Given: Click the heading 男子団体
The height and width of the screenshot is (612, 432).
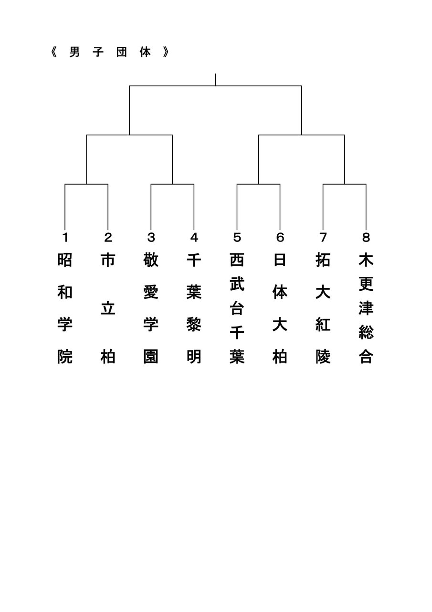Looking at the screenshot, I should pyautogui.click(x=110, y=53).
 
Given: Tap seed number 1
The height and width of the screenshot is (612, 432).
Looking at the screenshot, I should pyautogui.click(x=65, y=237).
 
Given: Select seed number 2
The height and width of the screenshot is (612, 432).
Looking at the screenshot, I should pyautogui.click(x=108, y=237).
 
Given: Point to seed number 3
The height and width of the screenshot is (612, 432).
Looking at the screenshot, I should pyautogui.click(x=151, y=237).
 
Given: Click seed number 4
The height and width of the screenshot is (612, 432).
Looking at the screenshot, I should pyautogui.click(x=194, y=237).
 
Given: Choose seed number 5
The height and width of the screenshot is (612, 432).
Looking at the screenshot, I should pyautogui.click(x=237, y=237).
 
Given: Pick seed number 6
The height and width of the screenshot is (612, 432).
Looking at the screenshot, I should pyautogui.click(x=280, y=237).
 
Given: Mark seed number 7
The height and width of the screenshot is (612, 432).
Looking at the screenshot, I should pyautogui.click(x=323, y=237).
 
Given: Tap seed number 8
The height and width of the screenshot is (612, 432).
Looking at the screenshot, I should pyautogui.click(x=366, y=237).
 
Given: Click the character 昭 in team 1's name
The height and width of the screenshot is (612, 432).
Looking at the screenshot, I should pyautogui.click(x=65, y=260).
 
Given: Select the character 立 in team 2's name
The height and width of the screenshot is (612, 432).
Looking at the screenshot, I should pyautogui.click(x=108, y=308).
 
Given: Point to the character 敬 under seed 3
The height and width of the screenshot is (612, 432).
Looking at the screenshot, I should pyautogui.click(x=151, y=260).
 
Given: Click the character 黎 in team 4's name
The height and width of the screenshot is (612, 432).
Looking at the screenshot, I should pyautogui.click(x=194, y=325).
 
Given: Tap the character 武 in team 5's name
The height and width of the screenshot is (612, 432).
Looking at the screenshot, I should pyautogui.click(x=237, y=284).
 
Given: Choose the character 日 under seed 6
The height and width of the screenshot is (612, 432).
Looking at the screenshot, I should pyautogui.click(x=280, y=260).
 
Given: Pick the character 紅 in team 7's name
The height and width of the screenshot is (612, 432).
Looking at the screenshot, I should pyautogui.click(x=323, y=325).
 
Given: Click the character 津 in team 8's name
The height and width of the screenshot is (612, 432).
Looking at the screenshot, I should pyautogui.click(x=366, y=308).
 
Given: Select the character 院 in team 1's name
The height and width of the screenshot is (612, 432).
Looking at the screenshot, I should pyautogui.click(x=65, y=357).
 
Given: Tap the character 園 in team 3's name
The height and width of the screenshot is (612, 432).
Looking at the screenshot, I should pyautogui.click(x=151, y=357).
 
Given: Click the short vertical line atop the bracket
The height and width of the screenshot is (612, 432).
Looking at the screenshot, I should pyautogui.click(x=215, y=79).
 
